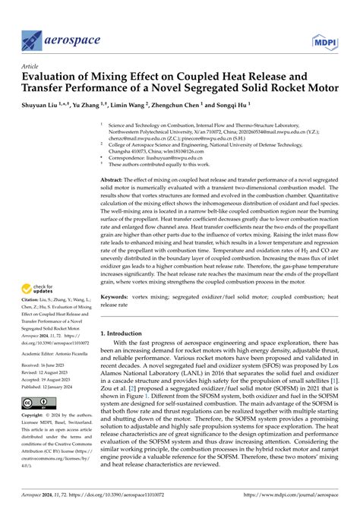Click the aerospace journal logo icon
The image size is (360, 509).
33,40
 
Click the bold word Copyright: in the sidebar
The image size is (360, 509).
37,416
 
